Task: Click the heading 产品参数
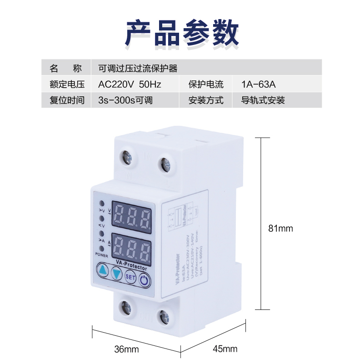point(182,32)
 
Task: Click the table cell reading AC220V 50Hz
point(130,84)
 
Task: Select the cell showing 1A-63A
point(259,84)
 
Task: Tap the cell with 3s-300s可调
point(125,100)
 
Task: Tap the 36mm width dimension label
point(126,349)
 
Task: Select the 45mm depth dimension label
point(225,349)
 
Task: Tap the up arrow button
point(103,272)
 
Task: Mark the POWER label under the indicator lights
point(102,255)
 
